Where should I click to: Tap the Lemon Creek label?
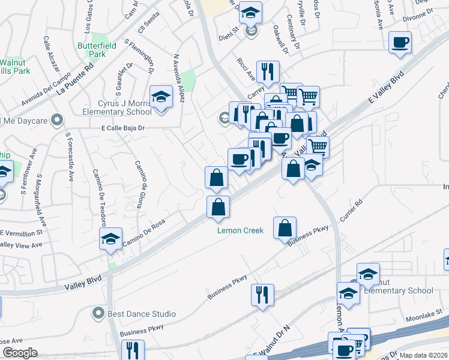(240, 230)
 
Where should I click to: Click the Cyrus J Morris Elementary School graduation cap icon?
(161, 97)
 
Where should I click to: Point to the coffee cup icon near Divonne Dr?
(400, 43)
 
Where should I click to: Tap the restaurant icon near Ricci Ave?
(268, 72)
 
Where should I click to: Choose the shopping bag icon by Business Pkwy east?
(285, 228)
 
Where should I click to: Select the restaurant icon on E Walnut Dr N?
(262, 295)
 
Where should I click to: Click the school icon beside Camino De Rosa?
(111, 239)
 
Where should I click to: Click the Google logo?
(20, 353)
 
